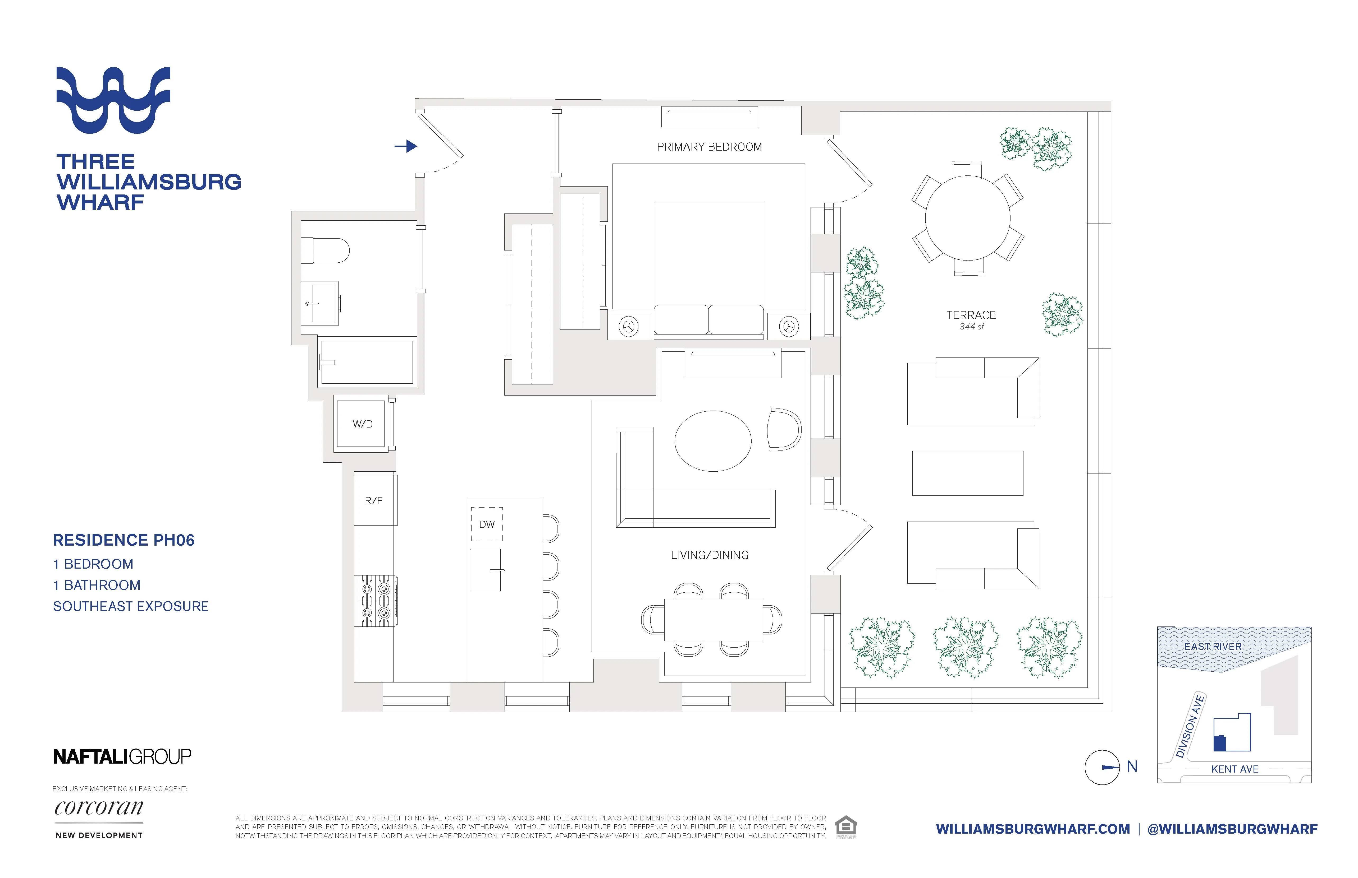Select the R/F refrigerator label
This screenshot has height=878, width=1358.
(x=374, y=501)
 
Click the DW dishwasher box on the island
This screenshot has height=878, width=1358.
(x=487, y=524)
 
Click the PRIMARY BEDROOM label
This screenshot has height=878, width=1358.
(x=709, y=147)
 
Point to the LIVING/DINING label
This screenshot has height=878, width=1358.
(x=709, y=555)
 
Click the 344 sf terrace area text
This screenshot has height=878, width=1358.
(x=971, y=327)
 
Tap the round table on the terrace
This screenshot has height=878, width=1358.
(x=968, y=218)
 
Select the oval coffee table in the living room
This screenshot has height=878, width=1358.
(x=713, y=441)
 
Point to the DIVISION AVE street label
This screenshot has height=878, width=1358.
(x=1190, y=726)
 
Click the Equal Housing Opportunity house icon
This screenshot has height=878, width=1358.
(x=846, y=827)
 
